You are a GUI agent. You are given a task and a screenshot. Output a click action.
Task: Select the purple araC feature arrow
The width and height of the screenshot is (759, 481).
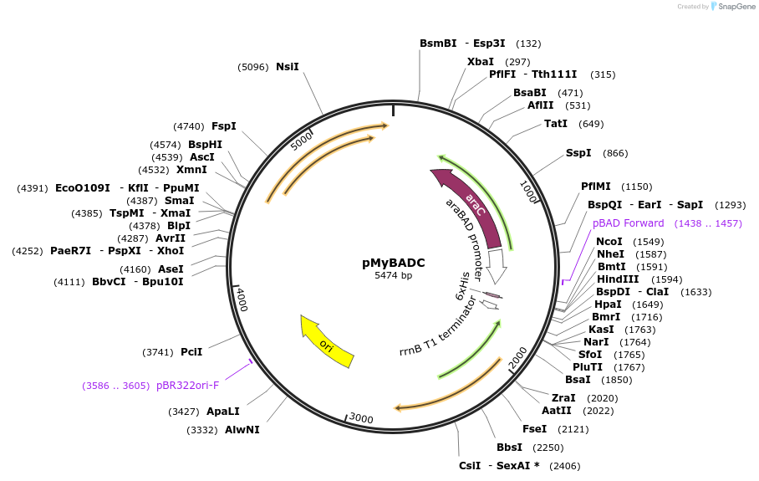(471, 205)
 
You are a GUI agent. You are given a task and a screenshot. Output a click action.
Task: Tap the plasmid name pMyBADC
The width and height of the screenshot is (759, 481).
(394, 263)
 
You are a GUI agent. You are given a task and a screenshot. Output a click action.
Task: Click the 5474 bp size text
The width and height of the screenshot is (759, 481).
(394, 275)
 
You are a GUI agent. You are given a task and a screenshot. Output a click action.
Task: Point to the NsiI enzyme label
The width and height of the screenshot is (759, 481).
(287, 67)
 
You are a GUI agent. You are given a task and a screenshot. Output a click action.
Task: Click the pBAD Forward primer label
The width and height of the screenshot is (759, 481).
(628, 223)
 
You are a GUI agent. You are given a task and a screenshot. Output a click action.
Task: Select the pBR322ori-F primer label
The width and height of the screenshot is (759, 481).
(187, 386)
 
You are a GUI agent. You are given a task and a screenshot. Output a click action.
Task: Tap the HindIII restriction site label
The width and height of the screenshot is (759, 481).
(617, 279)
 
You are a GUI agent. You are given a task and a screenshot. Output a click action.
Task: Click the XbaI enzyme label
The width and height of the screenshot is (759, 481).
(480, 62)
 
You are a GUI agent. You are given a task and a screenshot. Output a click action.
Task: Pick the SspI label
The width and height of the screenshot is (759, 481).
(578, 153)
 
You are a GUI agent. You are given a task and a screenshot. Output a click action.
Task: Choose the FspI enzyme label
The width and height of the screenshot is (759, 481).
(224, 126)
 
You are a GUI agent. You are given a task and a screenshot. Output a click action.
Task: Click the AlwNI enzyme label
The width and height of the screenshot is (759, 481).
(242, 430)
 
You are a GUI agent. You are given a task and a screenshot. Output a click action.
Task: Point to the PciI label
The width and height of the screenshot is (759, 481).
(191, 352)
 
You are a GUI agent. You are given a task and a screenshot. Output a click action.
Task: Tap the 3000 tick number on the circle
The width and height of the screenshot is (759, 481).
(361, 417)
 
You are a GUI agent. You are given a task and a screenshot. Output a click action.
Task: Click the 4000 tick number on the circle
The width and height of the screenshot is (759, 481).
(242, 299)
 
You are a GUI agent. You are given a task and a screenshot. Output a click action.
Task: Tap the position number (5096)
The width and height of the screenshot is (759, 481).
(253, 67)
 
